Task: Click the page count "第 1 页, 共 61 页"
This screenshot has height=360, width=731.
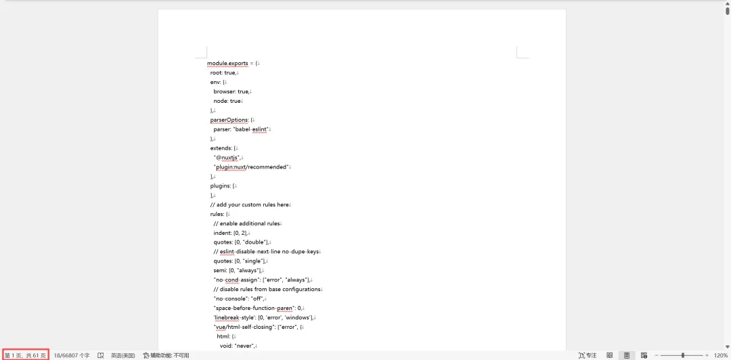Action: click(25, 355)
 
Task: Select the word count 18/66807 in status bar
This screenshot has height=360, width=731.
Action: click(72, 355)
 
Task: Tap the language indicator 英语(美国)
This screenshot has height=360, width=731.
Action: click(123, 355)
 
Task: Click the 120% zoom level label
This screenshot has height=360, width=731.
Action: click(721, 355)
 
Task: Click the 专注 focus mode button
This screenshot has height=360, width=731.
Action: click(588, 355)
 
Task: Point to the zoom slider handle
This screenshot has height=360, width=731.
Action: click(682, 355)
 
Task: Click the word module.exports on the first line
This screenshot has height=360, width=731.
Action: click(227, 63)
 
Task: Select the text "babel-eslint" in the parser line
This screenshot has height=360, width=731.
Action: click(252, 129)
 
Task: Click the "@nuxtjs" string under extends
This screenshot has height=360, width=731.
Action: click(227, 158)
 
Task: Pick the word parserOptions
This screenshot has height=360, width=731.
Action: click(229, 120)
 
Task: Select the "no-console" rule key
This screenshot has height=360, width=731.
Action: click(228, 298)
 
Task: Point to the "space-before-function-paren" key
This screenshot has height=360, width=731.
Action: click(254, 308)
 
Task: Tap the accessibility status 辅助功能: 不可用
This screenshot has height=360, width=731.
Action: click(167, 355)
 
